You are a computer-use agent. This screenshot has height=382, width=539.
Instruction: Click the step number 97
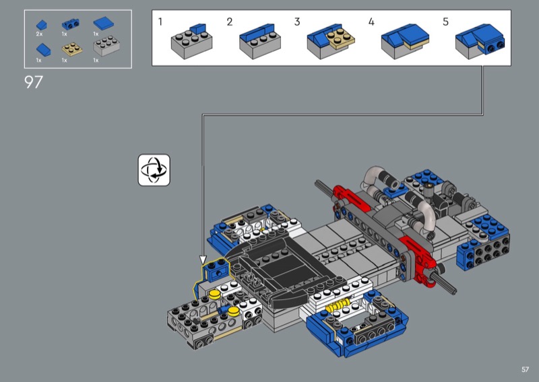coord(33,82)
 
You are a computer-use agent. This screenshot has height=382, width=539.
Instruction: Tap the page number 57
coord(525,369)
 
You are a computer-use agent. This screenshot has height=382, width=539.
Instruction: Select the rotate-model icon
coord(154,170)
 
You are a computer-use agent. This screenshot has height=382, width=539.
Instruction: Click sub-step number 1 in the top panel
coord(160,22)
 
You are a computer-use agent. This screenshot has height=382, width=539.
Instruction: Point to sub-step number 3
coord(297,22)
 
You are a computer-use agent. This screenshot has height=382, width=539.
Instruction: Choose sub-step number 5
coord(445,22)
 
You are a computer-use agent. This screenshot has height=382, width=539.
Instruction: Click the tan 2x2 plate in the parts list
coord(72,49)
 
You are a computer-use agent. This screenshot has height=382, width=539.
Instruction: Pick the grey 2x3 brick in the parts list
coord(106,46)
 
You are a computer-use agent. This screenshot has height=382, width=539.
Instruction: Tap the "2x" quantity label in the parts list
coord(39,34)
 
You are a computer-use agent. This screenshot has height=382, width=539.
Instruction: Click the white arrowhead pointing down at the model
coord(203,260)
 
